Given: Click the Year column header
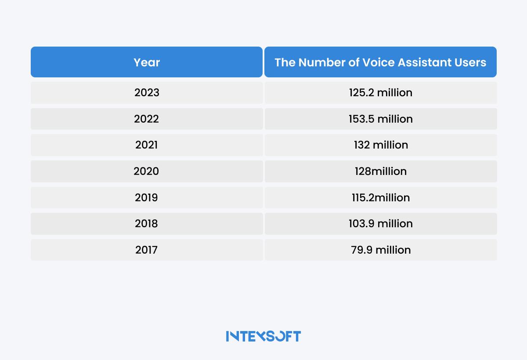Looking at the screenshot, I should tap(147, 62).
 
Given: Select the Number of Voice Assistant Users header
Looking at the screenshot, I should tap(380, 62).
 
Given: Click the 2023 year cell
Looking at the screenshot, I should tap(147, 93).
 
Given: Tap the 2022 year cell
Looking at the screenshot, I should tap(147, 119).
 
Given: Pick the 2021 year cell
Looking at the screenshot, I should tap(147, 145).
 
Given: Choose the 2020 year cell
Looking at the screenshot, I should tap(147, 171).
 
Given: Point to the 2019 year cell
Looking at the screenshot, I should tap(147, 197).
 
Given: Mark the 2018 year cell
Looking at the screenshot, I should tap(147, 224).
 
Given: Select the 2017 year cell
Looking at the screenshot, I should tap(147, 250).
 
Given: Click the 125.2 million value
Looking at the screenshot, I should tap(381, 93).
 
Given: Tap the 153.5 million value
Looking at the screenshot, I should tap(381, 119).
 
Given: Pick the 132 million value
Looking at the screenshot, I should tap(381, 145).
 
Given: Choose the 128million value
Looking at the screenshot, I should tap(381, 171).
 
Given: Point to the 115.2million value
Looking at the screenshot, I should tap(381, 197).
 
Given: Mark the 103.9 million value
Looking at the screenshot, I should tap(381, 224).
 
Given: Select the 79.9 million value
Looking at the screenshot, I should tap(381, 250).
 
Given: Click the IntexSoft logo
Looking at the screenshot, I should tap(263, 336).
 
